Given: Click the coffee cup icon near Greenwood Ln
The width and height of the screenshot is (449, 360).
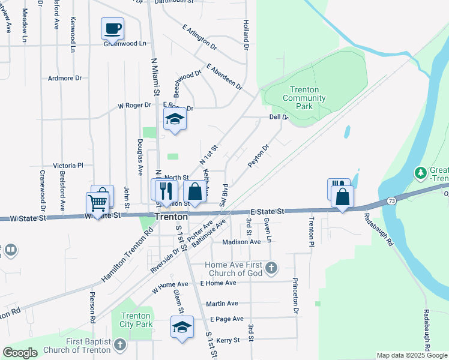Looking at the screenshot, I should coord(112,28).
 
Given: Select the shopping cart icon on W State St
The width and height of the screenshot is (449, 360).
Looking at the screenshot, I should coord(97,202).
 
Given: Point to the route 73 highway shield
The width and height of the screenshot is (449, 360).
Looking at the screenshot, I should coord(391,200).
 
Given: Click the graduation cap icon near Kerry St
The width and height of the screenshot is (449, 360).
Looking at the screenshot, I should coord(182,327).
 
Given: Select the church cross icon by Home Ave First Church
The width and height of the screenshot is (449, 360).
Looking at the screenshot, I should coord(271,268).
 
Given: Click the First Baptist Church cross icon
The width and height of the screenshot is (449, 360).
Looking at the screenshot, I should coord(119,344).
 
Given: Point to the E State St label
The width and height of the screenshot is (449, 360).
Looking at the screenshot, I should coord(267,212).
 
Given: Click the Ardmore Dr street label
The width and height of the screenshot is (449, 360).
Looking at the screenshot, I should coord(65,78).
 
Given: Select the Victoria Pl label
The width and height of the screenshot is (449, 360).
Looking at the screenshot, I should coord(68,165).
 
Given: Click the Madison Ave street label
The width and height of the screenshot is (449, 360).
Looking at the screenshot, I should coord(241,242).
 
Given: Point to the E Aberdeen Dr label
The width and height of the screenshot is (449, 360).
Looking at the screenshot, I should coord(223,77).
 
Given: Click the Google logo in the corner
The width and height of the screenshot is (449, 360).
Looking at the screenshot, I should coord(20,352).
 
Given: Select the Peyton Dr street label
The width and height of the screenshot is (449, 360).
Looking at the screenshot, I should coord(258,155).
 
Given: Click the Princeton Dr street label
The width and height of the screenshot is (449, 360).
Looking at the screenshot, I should coord(295,295).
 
